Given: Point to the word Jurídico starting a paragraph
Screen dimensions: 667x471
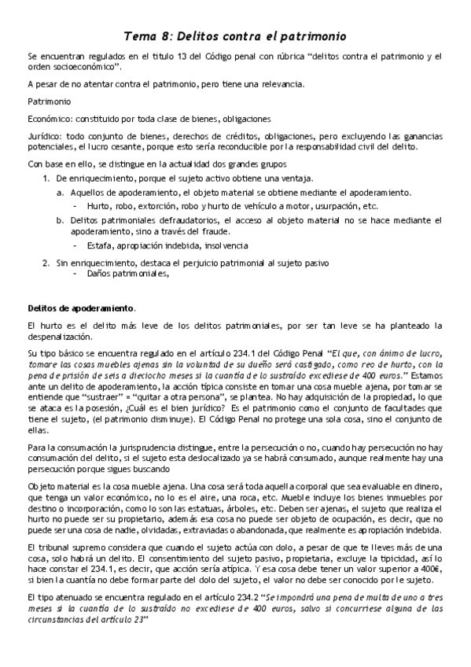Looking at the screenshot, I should (46, 135).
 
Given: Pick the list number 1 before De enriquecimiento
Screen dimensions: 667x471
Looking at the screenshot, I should (46, 179).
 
